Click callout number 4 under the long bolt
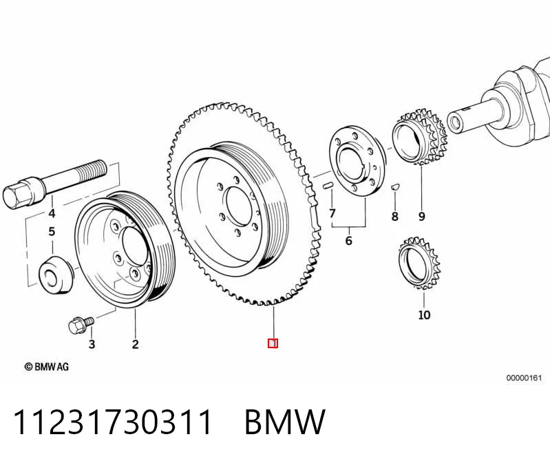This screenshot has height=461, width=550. (52, 213)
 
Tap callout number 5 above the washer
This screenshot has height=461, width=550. (52, 232)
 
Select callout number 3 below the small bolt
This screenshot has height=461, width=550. (92, 344)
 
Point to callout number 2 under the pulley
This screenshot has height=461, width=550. (136, 344)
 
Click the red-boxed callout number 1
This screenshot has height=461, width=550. (273, 343)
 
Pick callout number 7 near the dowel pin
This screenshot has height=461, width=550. (332, 213)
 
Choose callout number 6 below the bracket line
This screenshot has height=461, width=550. (349, 241)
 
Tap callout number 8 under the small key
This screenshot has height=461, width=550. (395, 216)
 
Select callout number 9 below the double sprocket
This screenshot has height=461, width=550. (421, 216)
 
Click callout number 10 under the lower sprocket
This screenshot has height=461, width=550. (424, 315)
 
